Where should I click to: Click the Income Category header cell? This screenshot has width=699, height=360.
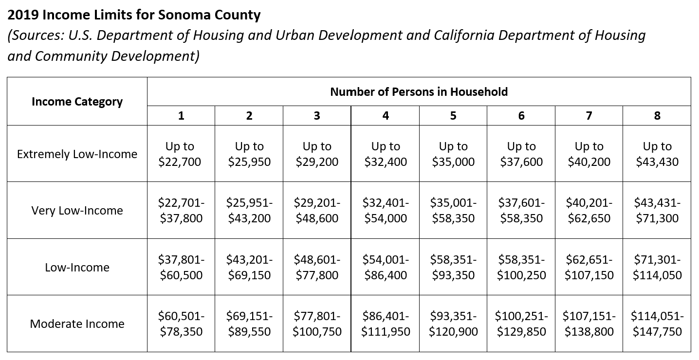pos(77,102)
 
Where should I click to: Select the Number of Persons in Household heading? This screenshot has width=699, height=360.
pos(419,91)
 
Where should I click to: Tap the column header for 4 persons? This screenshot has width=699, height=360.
pos(385,116)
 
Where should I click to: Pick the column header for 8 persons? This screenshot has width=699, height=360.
pos(657,116)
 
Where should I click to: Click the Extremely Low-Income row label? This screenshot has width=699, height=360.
pos(77,154)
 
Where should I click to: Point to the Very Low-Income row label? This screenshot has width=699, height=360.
pos(77,211)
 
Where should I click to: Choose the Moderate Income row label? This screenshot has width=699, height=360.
pos(77,324)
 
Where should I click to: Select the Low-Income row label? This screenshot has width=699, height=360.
pos(77,268)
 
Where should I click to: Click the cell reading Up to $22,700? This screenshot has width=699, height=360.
pos(181,154)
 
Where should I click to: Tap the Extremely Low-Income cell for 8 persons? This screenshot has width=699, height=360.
pos(657,154)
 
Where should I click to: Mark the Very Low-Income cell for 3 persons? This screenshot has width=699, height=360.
pos(317,211)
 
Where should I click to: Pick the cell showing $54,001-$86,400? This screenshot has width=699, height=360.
pos(385,268)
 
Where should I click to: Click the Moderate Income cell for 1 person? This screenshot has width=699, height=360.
pos(181,324)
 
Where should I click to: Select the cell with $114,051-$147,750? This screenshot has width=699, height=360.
pos(657,324)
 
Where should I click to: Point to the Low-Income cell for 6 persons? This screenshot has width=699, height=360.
pos(521,268)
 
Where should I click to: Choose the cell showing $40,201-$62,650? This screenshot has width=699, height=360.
pos(589,211)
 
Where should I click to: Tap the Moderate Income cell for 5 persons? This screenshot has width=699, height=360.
pos(453,324)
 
